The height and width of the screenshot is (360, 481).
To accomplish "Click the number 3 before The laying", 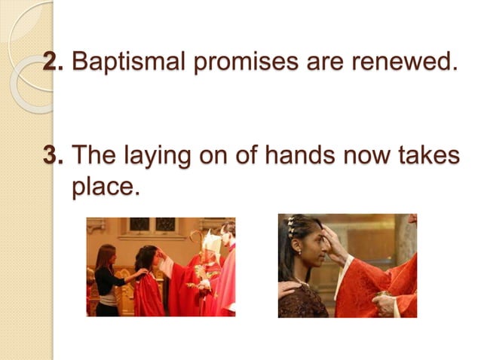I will coord(52,156).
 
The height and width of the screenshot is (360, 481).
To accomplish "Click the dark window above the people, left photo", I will coord(139,224).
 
